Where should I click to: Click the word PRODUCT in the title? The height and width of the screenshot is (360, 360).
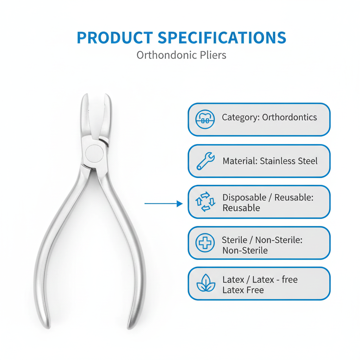point(115,38)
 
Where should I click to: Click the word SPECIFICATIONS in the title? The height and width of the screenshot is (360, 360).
point(221,38)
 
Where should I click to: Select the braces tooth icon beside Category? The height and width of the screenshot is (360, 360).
point(205,120)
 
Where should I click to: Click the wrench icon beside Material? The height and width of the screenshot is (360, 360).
point(205,161)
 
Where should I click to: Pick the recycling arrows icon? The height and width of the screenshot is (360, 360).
point(205,202)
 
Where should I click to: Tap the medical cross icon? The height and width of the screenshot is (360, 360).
point(205,243)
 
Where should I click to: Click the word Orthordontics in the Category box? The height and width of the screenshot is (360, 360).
point(289,117)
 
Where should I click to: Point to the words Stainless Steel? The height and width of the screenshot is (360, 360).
point(289,161)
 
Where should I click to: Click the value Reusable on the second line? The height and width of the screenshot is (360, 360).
point(241,208)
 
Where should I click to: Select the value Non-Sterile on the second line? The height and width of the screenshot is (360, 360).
point(245,251)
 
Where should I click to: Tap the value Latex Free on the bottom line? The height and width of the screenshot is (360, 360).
point(243,290)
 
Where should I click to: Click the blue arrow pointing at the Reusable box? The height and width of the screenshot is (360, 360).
point(163,204)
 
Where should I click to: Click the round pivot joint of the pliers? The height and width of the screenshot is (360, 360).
point(95,153)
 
